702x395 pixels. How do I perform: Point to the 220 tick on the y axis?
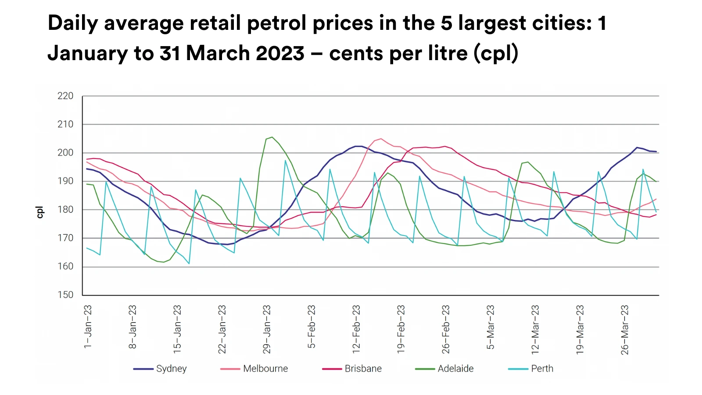pos(65,96)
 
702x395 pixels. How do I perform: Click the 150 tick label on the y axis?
pos(65,295)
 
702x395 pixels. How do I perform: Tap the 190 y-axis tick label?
pos(65,181)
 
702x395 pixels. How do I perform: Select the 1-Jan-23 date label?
pos(88,327)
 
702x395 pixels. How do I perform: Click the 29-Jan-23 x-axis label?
pos(267,329)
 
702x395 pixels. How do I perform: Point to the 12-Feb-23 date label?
pos(356,329)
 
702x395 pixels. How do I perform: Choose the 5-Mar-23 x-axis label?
pos(491,327)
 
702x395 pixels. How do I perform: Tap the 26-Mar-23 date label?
pos(625,330)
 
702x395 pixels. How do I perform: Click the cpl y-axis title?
pos(40,212)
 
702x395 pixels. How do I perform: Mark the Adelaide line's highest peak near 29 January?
pos(272,137)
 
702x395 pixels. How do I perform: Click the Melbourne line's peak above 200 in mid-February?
pos(381,139)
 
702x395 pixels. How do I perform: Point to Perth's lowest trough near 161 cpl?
pos(189,263)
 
